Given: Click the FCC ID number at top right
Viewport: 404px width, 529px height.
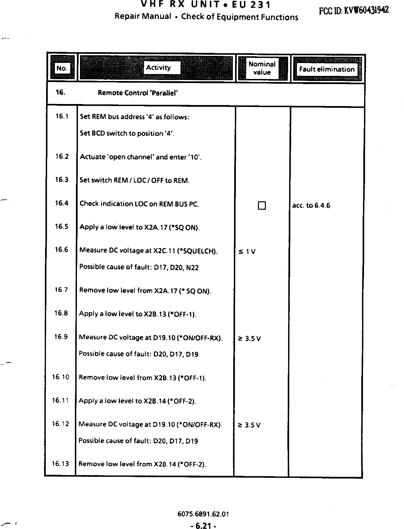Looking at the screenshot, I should point(353,10).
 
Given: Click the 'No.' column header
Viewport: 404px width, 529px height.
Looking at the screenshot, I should point(62,68).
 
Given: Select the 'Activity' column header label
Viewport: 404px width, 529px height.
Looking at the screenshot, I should point(158,67).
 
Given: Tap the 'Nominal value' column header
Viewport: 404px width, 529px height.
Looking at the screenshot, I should point(262,68).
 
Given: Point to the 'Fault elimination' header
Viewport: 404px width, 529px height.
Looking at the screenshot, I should point(327,69).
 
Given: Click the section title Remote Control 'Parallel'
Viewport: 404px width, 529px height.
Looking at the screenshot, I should point(138,93).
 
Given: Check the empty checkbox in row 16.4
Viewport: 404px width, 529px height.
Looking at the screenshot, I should point(262,206).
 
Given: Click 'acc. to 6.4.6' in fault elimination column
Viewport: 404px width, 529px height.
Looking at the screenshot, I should point(311,205).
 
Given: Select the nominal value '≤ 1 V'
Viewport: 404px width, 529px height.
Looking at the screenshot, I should point(247,251).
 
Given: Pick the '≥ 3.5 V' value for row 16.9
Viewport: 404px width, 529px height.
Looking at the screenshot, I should point(249,339).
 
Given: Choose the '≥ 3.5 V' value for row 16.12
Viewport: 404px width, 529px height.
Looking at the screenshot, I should point(249,425).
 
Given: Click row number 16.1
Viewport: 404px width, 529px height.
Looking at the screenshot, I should point(62,117).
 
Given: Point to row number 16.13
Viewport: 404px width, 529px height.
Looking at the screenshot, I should point(60,464).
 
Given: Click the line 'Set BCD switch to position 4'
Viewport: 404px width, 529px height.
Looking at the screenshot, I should point(127,133).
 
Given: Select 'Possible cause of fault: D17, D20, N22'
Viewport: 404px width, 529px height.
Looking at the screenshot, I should point(139,267).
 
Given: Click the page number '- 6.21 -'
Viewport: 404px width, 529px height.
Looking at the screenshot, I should point(203,526).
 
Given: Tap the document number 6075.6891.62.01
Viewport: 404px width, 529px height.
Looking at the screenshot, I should point(203,514).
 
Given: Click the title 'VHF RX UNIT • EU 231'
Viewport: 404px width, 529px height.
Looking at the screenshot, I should point(205,5).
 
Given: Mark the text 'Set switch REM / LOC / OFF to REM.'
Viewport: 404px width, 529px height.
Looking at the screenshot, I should point(135,180).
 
